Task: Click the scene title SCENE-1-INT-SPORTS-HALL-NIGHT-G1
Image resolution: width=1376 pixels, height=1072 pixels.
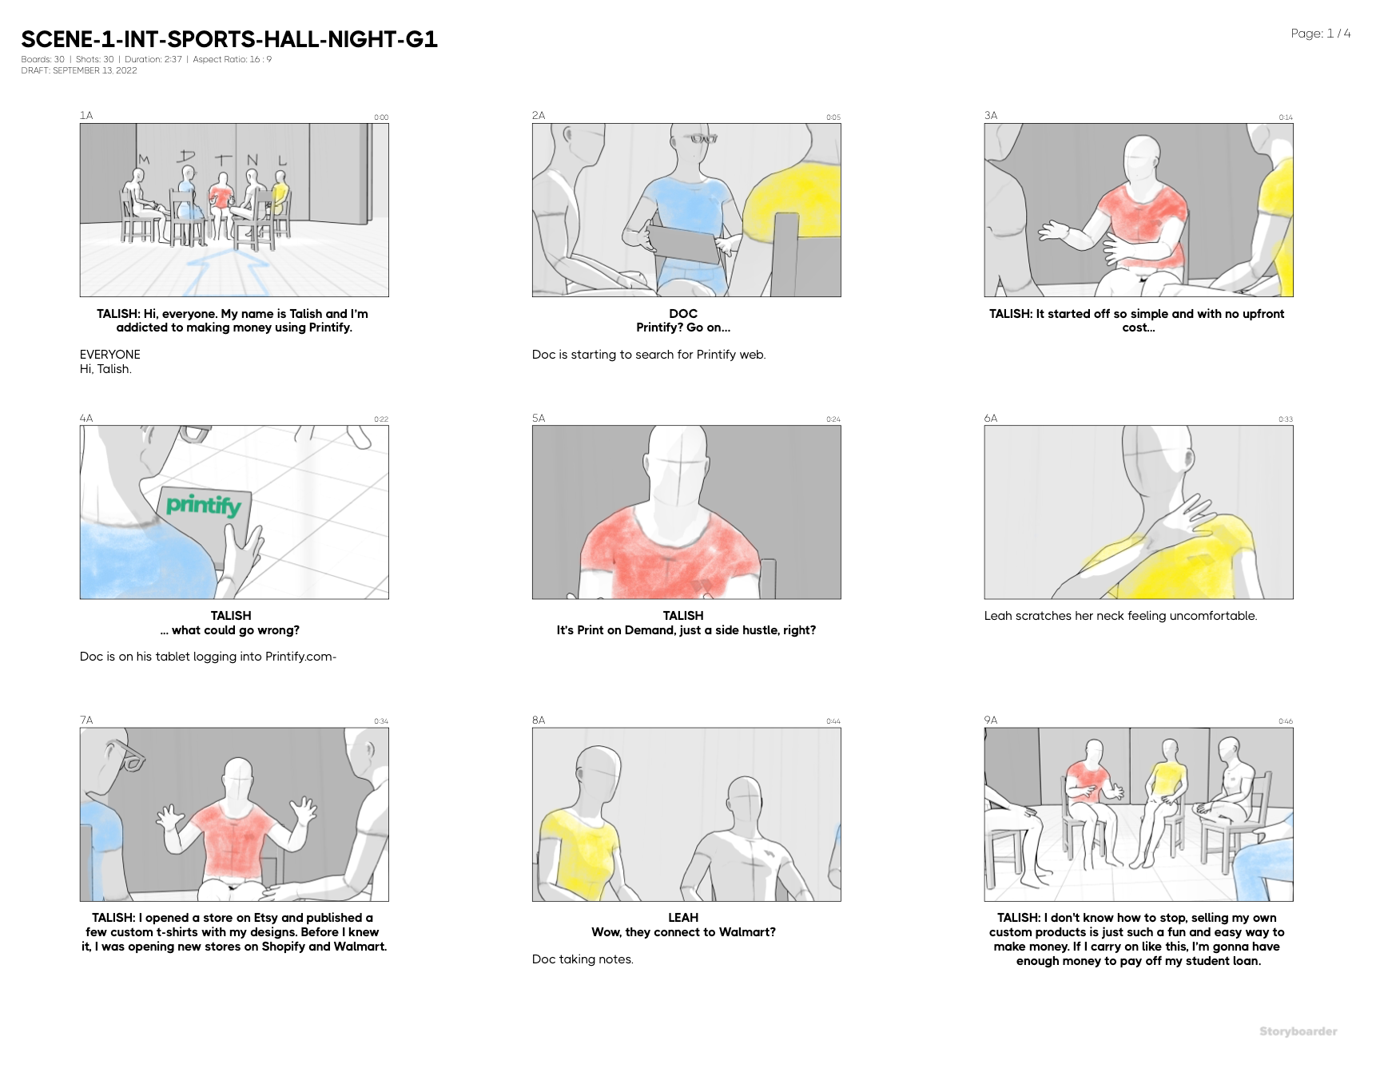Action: point(229,39)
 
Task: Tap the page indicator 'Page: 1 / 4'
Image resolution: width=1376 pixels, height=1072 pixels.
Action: point(1320,34)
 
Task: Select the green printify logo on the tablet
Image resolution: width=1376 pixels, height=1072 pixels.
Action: point(203,505)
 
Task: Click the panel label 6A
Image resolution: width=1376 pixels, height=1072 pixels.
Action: point(991,418)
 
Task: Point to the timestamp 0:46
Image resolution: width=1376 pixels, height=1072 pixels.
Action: point(1285,721)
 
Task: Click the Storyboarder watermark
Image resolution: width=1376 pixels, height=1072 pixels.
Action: point(1298,1031)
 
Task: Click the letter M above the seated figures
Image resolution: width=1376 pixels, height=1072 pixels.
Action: point(144,160)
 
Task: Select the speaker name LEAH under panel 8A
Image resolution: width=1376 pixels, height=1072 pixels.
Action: point(683,918)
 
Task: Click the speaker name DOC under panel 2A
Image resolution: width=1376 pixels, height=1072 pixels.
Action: point(683,314)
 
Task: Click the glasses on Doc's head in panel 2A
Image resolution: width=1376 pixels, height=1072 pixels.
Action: point(704,139)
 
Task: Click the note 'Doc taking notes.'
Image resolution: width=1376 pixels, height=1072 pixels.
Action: point(583,959)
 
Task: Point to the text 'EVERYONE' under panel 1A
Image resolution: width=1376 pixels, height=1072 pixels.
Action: point(110,355)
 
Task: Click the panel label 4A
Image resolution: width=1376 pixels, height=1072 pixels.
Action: point(86,418)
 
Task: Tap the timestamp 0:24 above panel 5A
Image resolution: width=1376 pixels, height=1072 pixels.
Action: point(833,419)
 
